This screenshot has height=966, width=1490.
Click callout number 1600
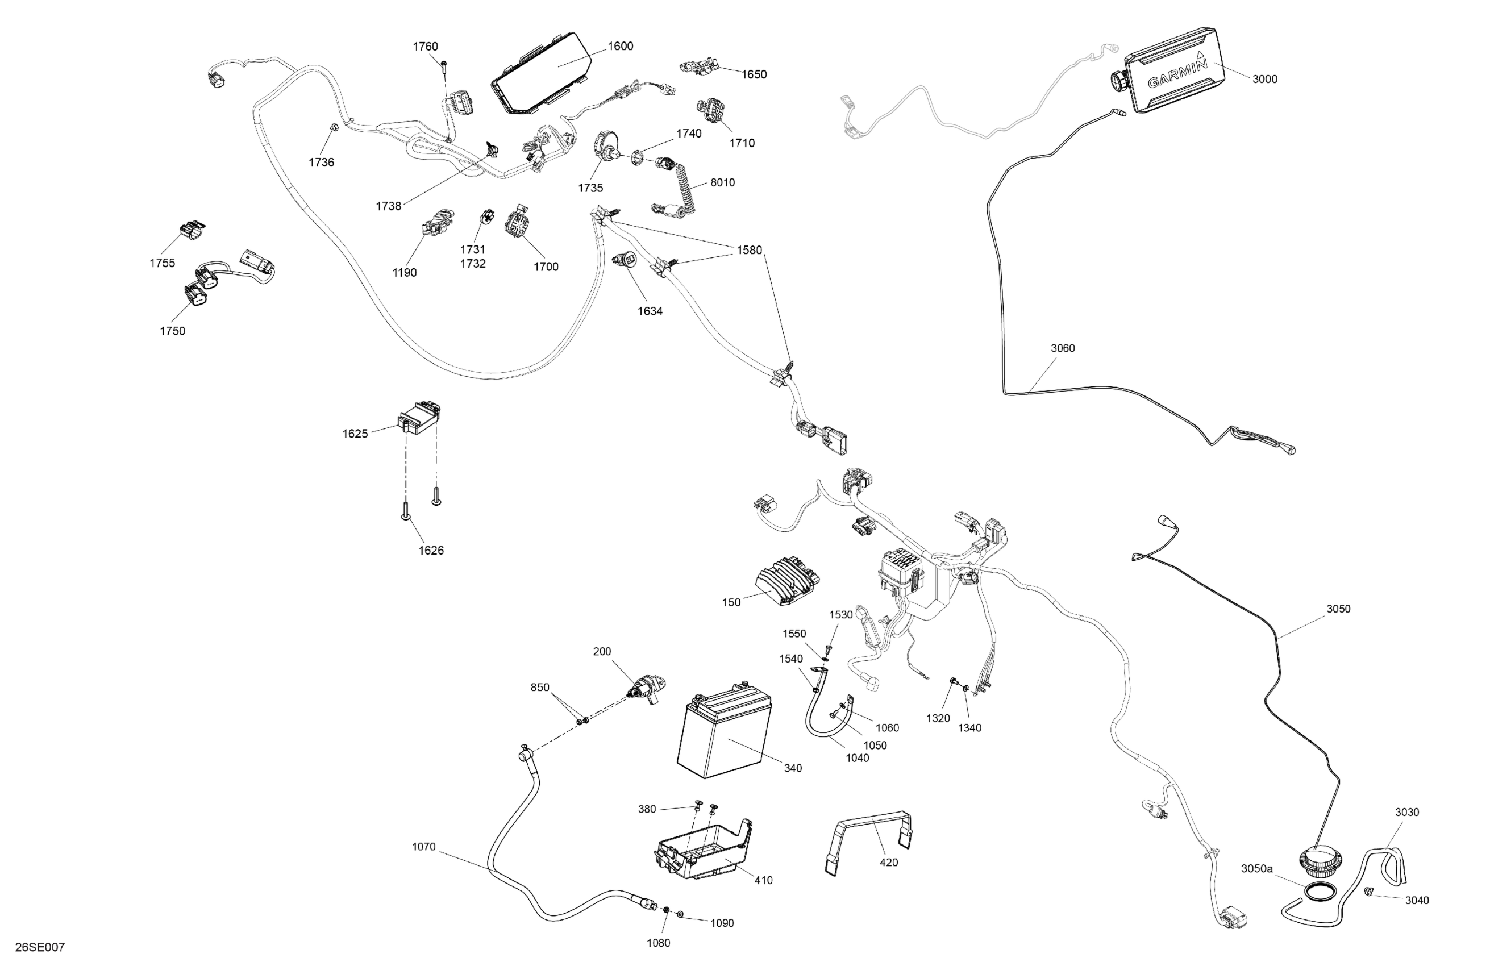620,47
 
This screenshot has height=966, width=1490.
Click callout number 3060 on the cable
1063,348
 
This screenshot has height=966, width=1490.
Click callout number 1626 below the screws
431,550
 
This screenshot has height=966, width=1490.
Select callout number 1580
749,251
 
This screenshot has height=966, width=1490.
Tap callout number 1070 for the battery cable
423,847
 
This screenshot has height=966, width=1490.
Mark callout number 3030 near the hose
1406,812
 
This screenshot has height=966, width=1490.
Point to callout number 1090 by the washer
721,923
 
